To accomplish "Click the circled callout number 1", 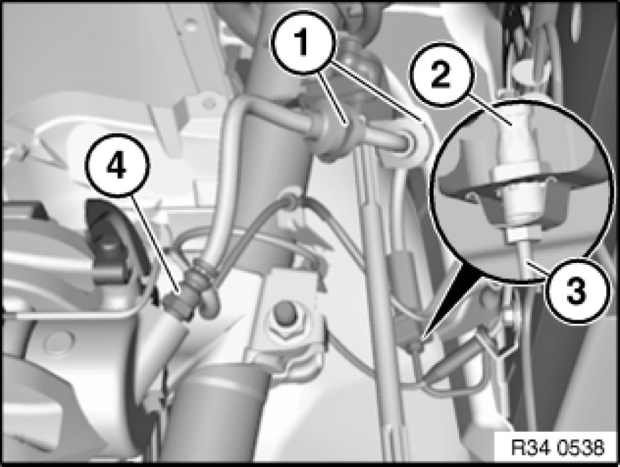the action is tap(303, 43).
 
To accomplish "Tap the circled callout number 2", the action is tap(441, 74).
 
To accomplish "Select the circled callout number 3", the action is tap(575, 291).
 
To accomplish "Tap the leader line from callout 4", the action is tap(157, 244).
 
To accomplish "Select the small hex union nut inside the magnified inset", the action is tap(518, 235).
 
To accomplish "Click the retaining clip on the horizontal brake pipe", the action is tap(334, 137).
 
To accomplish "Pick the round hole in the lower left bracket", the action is tap(57, 341).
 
